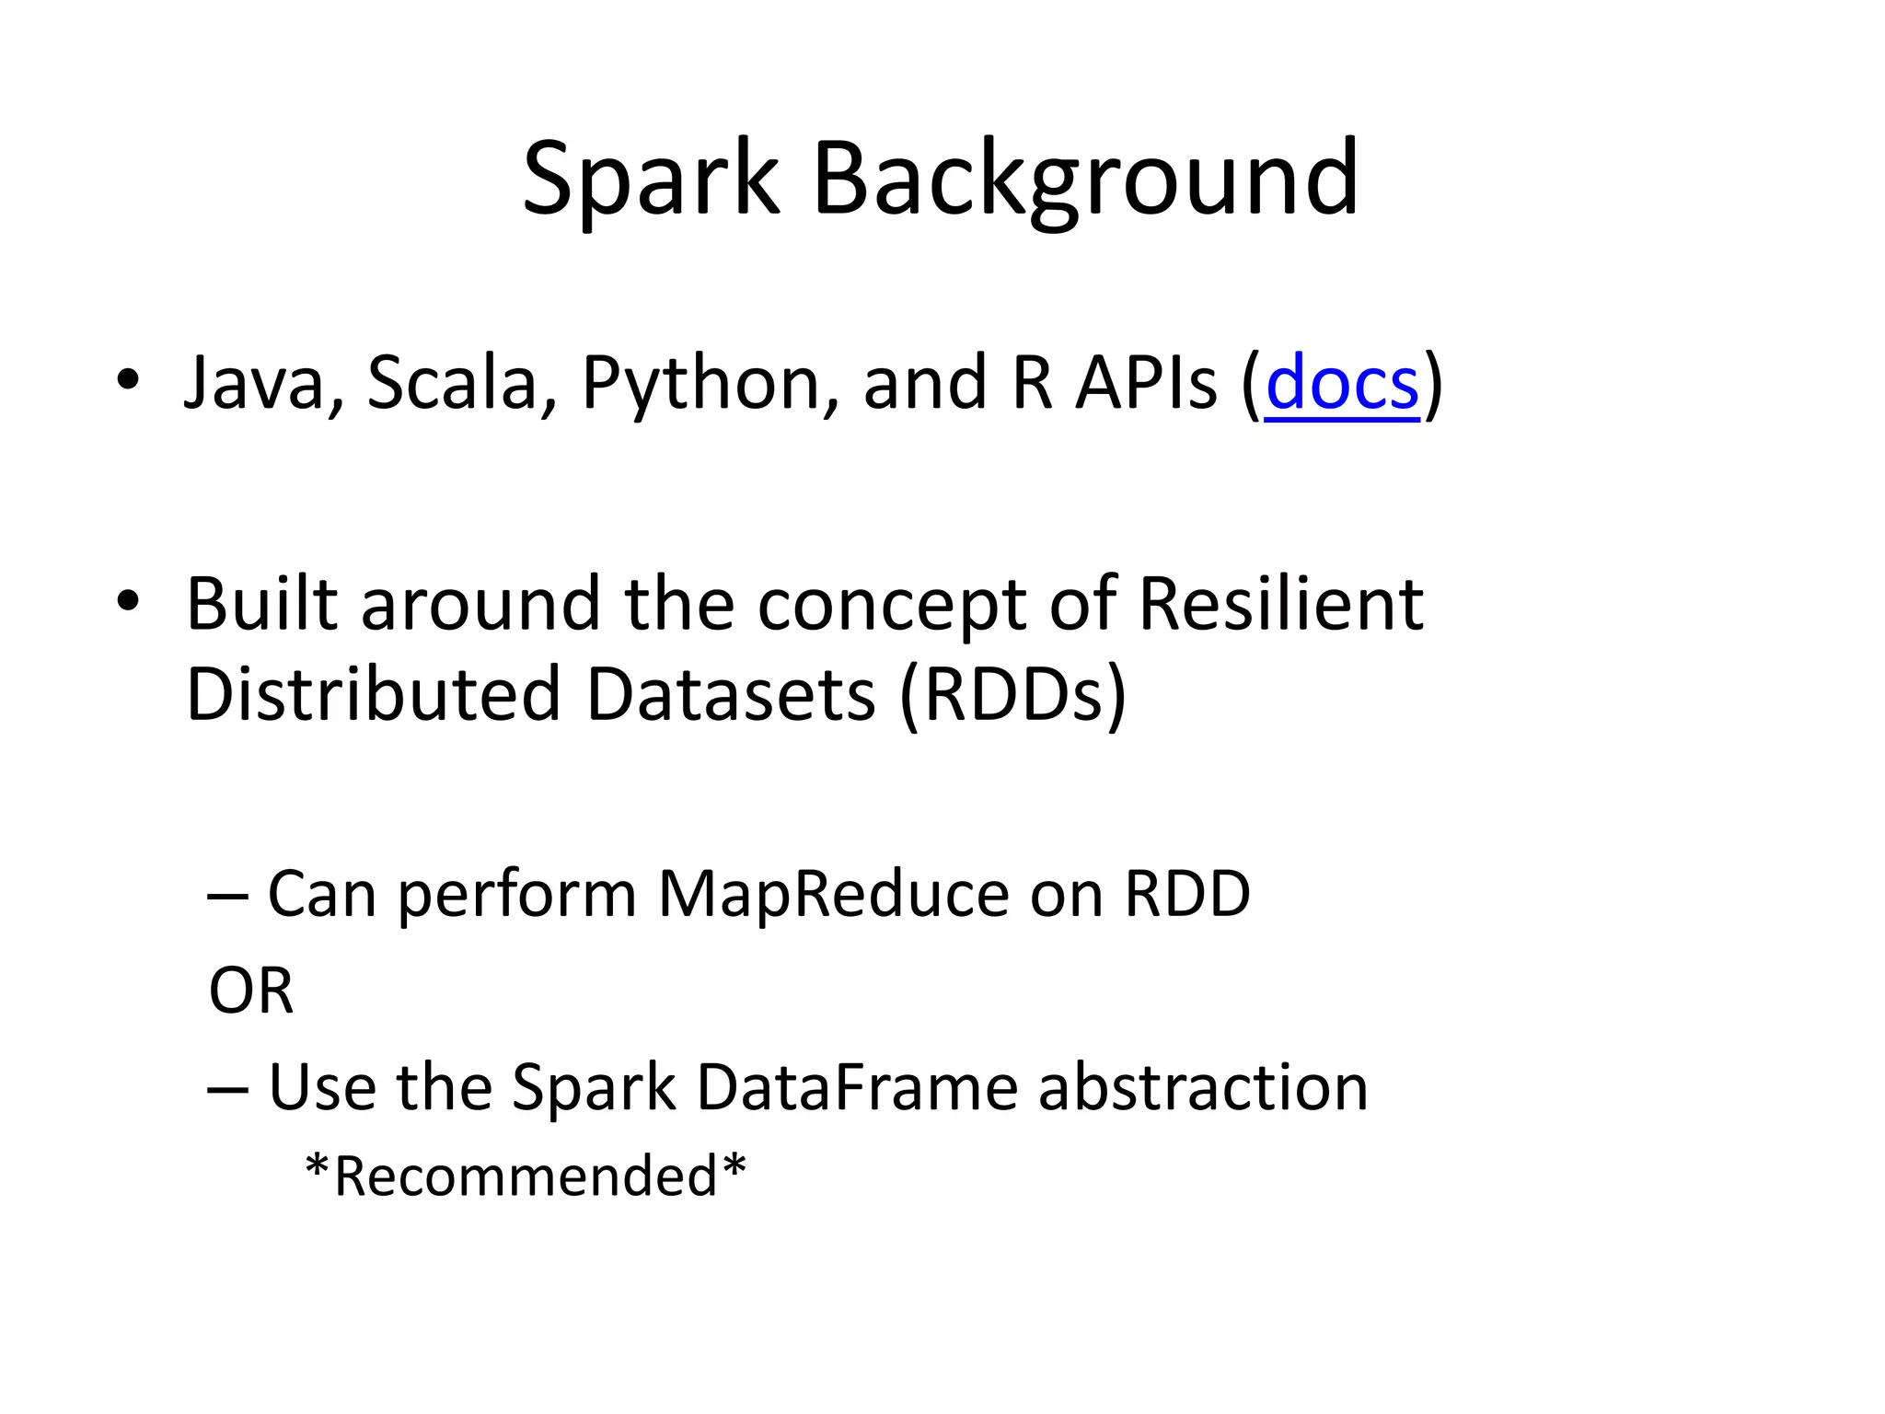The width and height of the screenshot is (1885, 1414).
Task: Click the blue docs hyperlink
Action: (1342, 383)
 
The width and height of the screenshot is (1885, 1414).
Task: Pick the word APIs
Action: (1147, 383)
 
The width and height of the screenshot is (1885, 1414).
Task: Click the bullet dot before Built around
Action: (128, 602)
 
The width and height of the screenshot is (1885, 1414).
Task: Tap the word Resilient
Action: (1281, 605)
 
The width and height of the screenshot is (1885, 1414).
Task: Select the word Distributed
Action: (373, 693)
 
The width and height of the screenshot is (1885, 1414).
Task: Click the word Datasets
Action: (730, 693)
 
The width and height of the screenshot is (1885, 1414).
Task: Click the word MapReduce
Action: (833, 895)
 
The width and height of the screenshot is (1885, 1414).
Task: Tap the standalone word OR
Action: (250, 991)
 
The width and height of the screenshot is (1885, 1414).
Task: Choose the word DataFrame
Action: (856, 1088)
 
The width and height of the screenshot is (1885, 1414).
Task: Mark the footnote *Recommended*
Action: (526, 1176)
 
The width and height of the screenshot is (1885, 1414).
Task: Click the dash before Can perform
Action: (227, 896)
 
